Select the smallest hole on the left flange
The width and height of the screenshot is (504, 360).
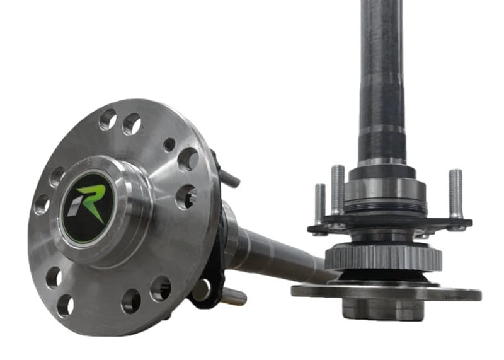[x=169, y=145]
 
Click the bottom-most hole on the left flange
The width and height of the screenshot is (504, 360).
[x=64, y=305]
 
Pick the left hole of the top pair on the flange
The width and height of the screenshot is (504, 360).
[x=108, y=120]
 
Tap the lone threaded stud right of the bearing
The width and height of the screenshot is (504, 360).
[x=455, y=193]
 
